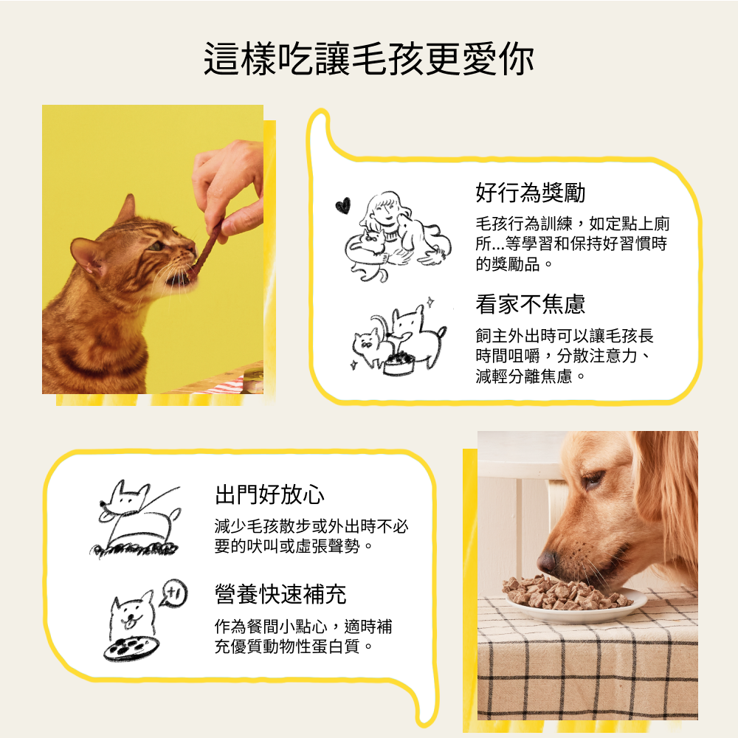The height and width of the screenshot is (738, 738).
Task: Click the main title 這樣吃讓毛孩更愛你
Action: pos(368,59)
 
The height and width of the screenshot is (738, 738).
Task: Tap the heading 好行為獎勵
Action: pos(531,193)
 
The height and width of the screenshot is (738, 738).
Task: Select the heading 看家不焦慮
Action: pos(531,304)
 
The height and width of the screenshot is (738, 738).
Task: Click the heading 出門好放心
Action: pos(269,494)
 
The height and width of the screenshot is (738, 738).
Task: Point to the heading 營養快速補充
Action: pos(280,594)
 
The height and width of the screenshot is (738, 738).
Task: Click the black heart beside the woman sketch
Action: pos(343,205)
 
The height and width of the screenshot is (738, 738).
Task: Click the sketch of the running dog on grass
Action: pos(136,518)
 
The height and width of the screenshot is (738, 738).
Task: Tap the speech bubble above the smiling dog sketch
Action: pos(173,593)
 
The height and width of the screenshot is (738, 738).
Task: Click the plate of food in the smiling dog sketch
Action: pos(131,649)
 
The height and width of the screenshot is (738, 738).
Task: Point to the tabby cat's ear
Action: pos(125,210)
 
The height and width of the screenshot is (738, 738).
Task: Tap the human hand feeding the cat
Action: pos(229,187)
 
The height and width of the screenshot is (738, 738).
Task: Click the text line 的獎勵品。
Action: pos(514,264)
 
